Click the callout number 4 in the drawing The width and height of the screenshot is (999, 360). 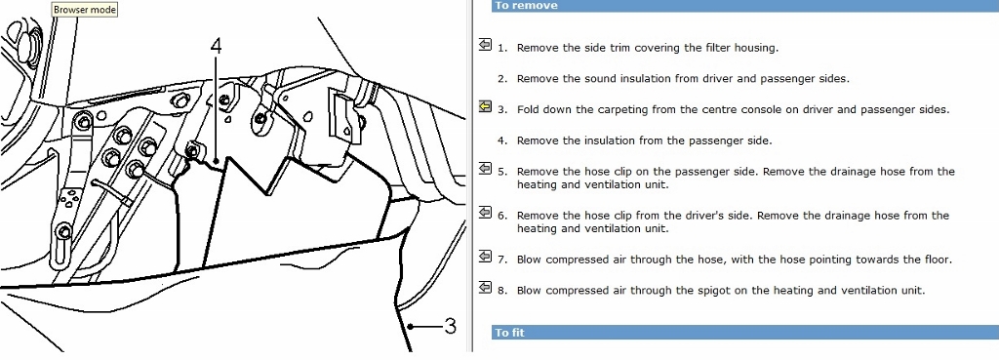217,46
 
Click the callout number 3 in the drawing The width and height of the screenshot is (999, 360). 450,327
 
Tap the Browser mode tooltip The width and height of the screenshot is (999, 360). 85,10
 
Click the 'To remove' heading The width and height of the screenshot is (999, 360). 526,6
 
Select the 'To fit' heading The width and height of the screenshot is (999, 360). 510,333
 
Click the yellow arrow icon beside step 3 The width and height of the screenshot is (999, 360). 485,106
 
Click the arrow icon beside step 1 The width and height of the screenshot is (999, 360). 485,45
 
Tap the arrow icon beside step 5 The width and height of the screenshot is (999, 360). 485,168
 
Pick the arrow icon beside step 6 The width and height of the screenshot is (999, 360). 485,212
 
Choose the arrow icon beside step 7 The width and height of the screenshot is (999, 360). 485,257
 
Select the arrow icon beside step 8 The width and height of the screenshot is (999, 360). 485,287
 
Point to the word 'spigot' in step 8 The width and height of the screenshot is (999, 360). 694,291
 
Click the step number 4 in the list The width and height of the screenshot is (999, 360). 502,140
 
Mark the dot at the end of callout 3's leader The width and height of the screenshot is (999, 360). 412,327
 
